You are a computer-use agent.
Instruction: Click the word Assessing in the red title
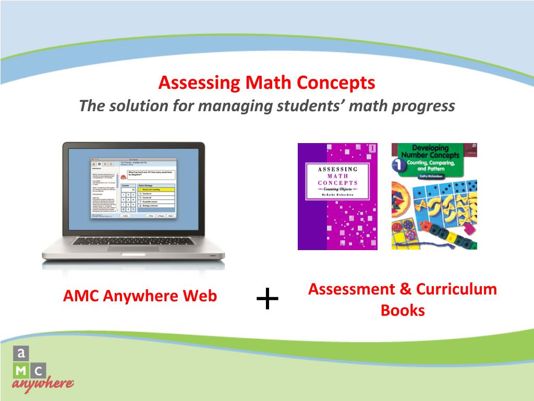[x=200, y=83]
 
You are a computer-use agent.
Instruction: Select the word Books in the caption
[x=403, y=311]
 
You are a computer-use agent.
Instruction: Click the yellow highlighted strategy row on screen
[x=154, y=189]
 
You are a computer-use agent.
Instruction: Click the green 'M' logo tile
[x=21, y=370]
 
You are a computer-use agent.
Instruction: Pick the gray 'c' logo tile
[x=38, y=370]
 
